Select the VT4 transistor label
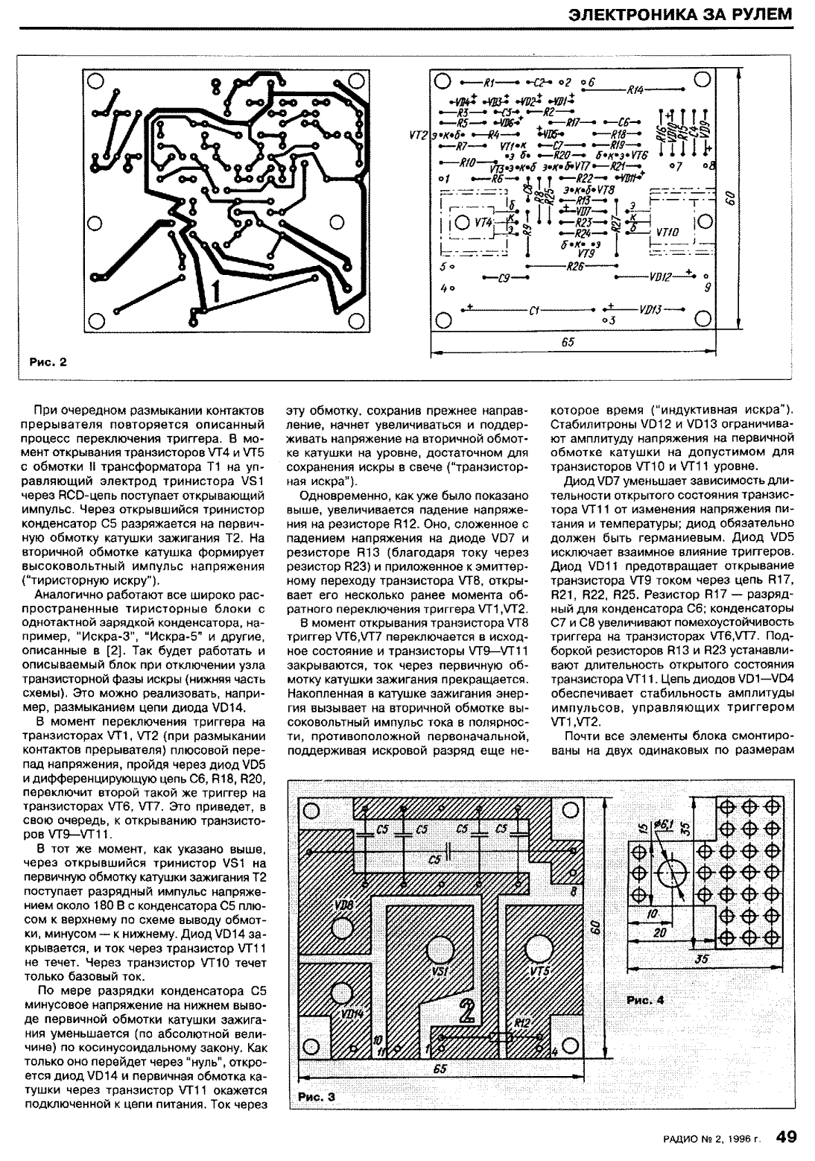[x=483, y=222]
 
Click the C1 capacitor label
[x=533, y=311]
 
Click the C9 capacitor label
[x=504, y=278]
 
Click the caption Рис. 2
[x=48, y=363]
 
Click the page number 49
[x=786, y=1136]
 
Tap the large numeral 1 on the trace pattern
[x=215, y=291]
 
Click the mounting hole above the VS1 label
[x=440, y=951]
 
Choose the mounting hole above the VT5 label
[x=539, y=952]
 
